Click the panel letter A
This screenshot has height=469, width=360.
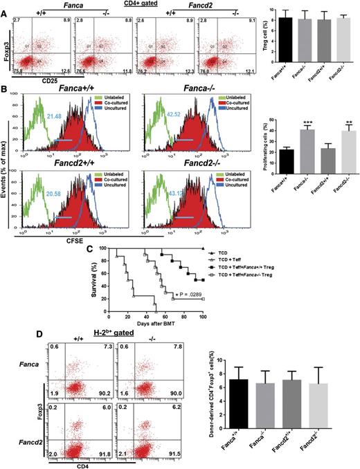[5, 6]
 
